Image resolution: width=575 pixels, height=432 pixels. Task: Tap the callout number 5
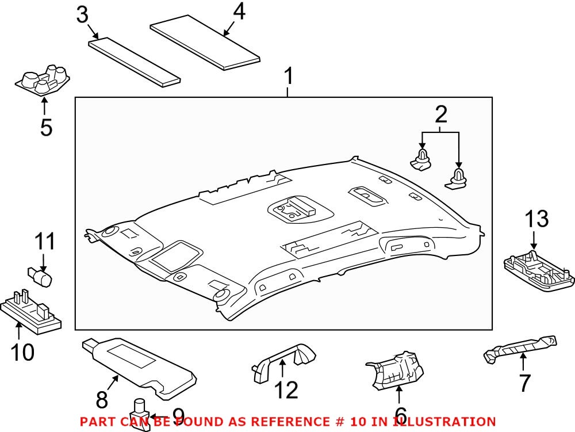46,127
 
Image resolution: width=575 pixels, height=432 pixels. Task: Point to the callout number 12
286,389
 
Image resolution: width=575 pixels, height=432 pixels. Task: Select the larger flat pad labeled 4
205,47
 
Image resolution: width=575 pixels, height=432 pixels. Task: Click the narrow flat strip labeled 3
135,62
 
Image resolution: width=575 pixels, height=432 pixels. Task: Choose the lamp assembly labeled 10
32,311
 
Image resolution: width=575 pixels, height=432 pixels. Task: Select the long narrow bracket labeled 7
521,349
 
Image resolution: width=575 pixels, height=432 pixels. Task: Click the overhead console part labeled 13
538,269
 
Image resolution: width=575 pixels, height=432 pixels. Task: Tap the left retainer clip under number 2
421,159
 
